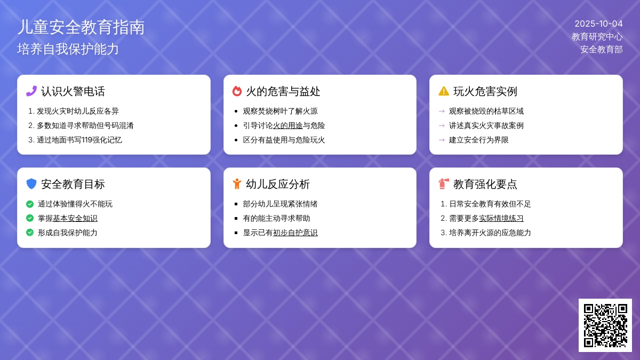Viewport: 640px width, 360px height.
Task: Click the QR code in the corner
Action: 605,325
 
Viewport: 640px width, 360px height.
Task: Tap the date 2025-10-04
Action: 598,23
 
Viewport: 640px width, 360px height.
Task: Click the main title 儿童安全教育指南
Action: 81,27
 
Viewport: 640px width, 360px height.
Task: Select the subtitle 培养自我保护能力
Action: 68,49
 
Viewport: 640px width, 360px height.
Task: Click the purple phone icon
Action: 31,91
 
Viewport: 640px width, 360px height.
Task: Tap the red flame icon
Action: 237,91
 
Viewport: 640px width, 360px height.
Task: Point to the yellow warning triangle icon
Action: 444,91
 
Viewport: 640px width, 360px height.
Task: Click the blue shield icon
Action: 31,183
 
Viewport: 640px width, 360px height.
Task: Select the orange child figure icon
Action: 237,183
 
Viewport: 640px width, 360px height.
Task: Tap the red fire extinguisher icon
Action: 444,183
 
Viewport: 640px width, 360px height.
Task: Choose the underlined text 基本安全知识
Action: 75,218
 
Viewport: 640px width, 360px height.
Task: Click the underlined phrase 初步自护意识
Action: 295,233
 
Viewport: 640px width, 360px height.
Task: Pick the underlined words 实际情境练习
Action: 501,218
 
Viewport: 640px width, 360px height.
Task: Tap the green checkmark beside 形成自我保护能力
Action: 30,233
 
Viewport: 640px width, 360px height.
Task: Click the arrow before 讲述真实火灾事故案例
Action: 442,125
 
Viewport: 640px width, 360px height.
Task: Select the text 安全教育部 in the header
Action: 602,50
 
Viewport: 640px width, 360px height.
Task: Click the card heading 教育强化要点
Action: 485,184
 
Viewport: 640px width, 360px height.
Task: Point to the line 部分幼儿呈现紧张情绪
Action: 281,204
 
